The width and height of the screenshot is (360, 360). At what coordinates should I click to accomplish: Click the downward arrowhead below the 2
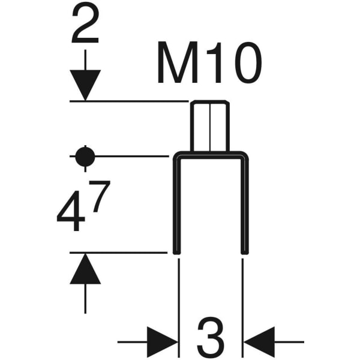click(85, 85)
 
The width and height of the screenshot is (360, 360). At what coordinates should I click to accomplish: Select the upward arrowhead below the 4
click(85, 268)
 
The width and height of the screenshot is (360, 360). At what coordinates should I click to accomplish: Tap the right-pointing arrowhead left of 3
click(163, 342)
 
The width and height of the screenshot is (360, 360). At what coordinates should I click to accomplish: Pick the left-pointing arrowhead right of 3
click(259, 342)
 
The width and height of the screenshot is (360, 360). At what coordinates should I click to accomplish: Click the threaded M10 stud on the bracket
click(210, 126)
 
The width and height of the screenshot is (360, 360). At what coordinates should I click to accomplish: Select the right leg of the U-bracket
click(244, 204)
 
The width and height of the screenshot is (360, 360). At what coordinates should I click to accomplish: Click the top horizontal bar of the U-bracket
click(210, 155)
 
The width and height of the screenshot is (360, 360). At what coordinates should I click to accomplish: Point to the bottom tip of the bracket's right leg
click(244, 252)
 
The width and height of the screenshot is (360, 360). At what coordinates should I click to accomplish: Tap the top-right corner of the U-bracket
click(244, 155)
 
